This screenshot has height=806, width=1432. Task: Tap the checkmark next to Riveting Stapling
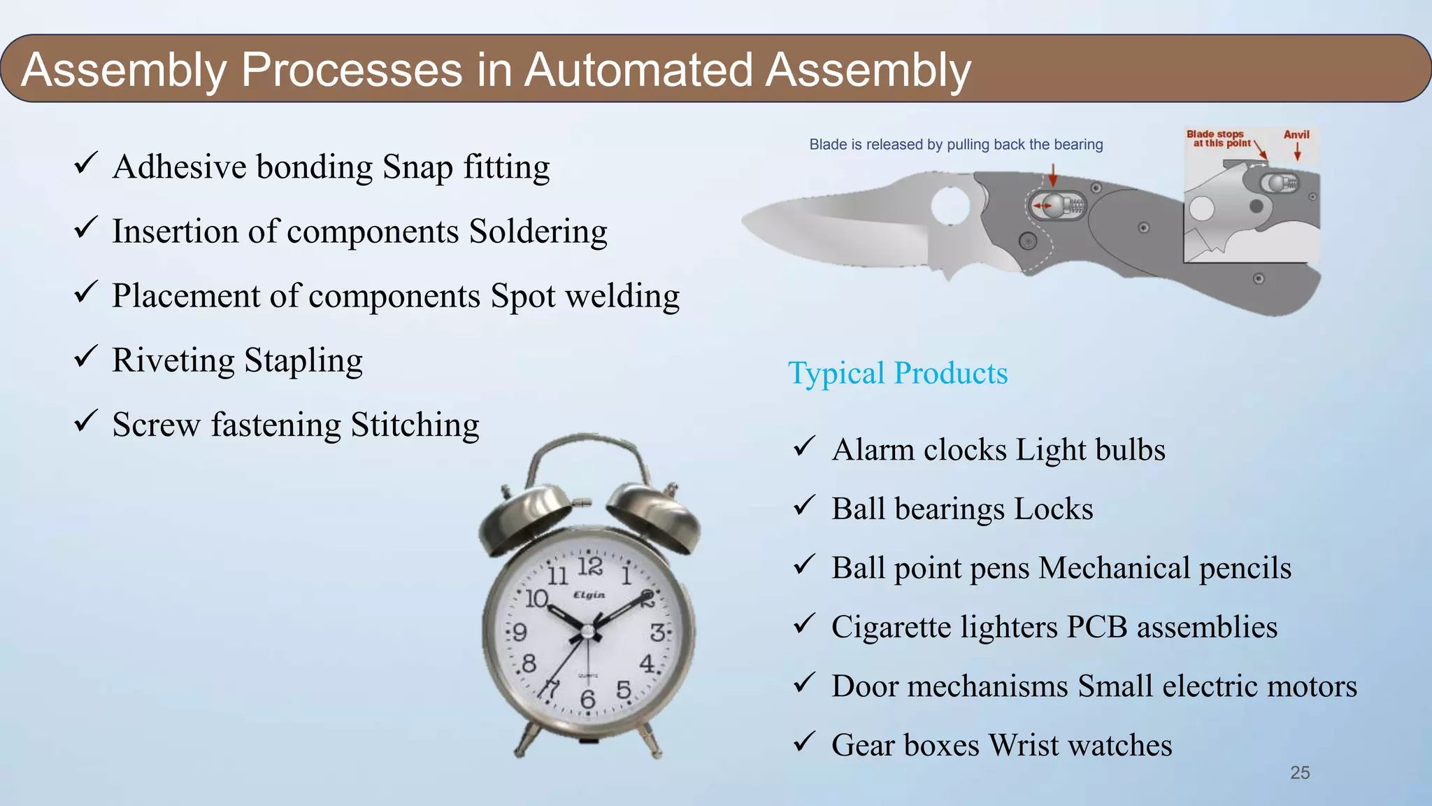[x=85, y=357]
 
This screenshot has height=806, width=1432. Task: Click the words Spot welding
[x=585, y=296]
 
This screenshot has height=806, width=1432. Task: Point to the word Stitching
[x=415, y=425]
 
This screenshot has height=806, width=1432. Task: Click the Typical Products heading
[x=898, y=373]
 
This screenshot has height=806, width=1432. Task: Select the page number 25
[x=1299, y=772]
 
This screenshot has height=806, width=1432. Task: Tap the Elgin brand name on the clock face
[x=589, y=595]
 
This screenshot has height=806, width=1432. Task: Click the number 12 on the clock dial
[x=589, y=566]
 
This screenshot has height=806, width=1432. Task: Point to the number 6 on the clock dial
[x=587, y=698]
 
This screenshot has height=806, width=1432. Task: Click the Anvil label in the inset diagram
[x=1296, y=134]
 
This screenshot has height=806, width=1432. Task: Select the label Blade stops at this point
[x=1217, y=139]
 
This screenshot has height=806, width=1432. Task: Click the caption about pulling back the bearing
[x=956, y=145]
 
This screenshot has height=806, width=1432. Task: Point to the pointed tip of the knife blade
[x=745, y=222]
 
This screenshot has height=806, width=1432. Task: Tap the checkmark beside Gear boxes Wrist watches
[x=805, y=741]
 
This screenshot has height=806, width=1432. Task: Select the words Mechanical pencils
[x=1165, y=568]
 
